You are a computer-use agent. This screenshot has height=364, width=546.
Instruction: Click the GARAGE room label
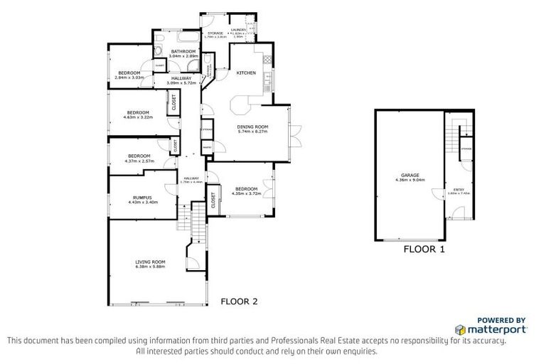pyautogui.click(x=409, y=174)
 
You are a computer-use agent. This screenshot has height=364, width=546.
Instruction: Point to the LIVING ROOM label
pyautogui.click(x=150, y=262)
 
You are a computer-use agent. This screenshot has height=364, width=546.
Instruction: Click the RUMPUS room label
pyautogui.click(x=142, y=198)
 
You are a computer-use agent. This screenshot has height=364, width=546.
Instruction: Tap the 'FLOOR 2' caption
pyautogui.click(x=239, y=301)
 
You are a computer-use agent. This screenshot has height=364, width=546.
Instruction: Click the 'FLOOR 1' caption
pyautogui.click(x=424, y=250)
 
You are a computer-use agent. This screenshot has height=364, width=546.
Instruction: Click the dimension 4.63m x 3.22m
pyautogui.click(x=138, y=117)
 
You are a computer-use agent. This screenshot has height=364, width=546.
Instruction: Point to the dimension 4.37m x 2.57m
pyautogui.click(x=139, y=161)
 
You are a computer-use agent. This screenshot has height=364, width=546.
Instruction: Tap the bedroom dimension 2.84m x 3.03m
pyautogui.click(x=129, y=77)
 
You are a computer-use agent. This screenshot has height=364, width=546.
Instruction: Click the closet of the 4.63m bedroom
pyautogui.click(x=173, y=103)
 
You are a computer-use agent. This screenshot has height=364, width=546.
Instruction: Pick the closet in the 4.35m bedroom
pyautogui.click(x=213, y=201)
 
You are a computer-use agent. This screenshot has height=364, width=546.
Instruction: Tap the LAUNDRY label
pyautogui.click(x=237, y=30)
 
